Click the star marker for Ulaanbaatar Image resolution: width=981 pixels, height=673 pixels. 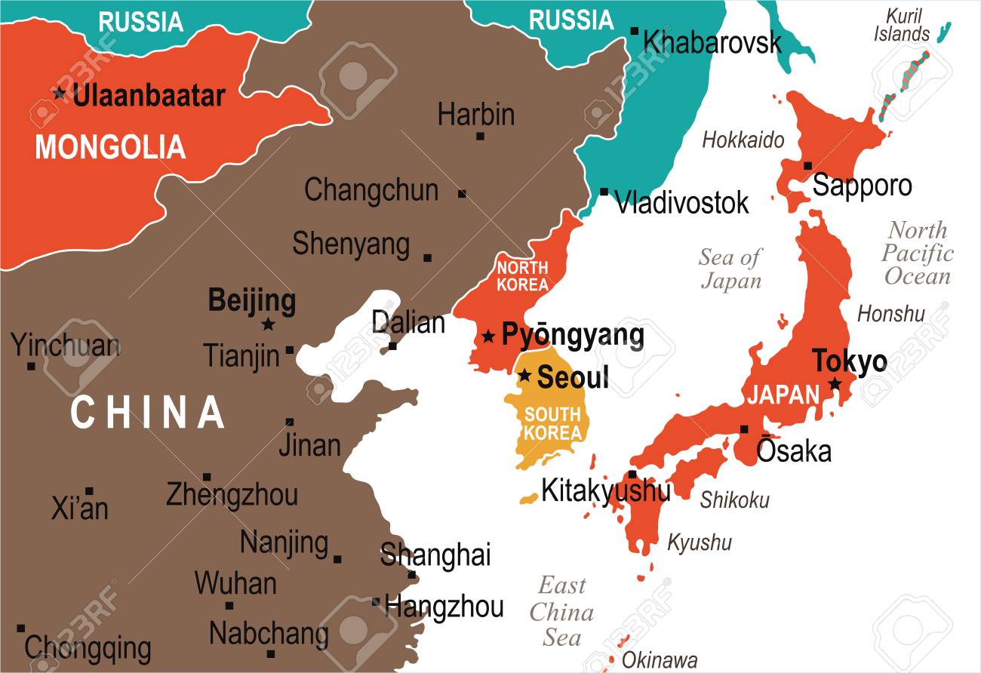(60, 94)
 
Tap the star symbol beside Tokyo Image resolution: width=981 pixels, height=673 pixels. (834, 384)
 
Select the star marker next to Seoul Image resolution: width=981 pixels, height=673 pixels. (524, 375)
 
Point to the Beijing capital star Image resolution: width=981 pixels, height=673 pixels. (268, 324)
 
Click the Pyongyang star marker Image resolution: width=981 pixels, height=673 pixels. (489, 336)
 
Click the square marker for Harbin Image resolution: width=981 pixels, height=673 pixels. (480, 137)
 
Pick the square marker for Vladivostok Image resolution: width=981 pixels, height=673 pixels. (604, 192)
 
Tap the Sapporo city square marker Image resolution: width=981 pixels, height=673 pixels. (807, 166)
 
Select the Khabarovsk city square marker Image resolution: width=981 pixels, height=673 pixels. (635, 31)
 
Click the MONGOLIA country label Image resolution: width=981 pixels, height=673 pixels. (110, 147)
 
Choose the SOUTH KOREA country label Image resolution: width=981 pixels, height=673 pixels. (552, 423)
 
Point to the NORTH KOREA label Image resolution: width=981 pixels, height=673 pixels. (521, 275)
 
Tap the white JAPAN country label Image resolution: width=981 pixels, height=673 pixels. (783, 394)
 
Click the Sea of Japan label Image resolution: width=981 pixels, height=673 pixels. (730, 269)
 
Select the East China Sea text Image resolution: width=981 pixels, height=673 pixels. (561, 611)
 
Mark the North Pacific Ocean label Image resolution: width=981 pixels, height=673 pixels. (917, 253)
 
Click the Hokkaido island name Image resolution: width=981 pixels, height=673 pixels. (743, 140)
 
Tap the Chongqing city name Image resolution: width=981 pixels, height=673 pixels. (88, 647)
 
